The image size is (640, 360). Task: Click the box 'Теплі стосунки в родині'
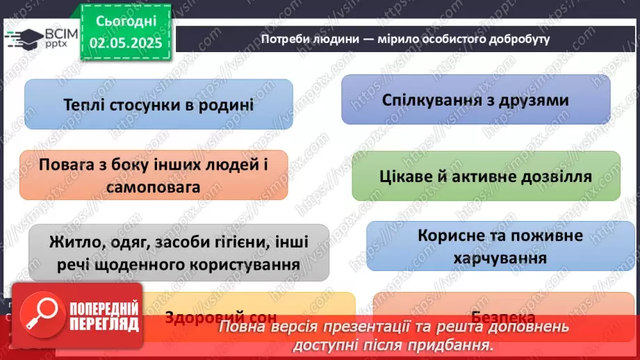click(158, 104)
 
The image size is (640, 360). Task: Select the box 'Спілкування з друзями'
click(475, 99)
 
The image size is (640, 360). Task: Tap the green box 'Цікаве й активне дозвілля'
click(486, 176)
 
